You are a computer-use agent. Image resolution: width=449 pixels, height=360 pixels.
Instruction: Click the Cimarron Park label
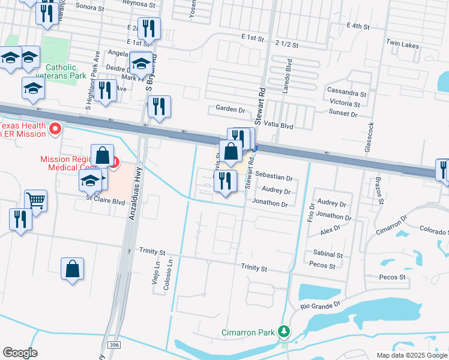tap(247, 332)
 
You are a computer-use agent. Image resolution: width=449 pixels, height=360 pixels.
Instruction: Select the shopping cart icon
tap(36, 200)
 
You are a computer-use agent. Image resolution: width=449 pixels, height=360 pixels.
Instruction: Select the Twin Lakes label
tap(402, 43)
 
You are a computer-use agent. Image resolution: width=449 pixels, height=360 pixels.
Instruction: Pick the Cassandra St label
tap(346, 94)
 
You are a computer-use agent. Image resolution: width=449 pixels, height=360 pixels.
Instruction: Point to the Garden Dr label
tap(231, 110)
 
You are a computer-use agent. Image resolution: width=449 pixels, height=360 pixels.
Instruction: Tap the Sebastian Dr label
tap(273, 178)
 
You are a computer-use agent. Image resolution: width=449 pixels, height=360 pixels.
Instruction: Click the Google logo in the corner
tap(20, 352)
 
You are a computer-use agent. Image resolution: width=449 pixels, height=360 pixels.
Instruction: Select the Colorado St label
tap(435, 230)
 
